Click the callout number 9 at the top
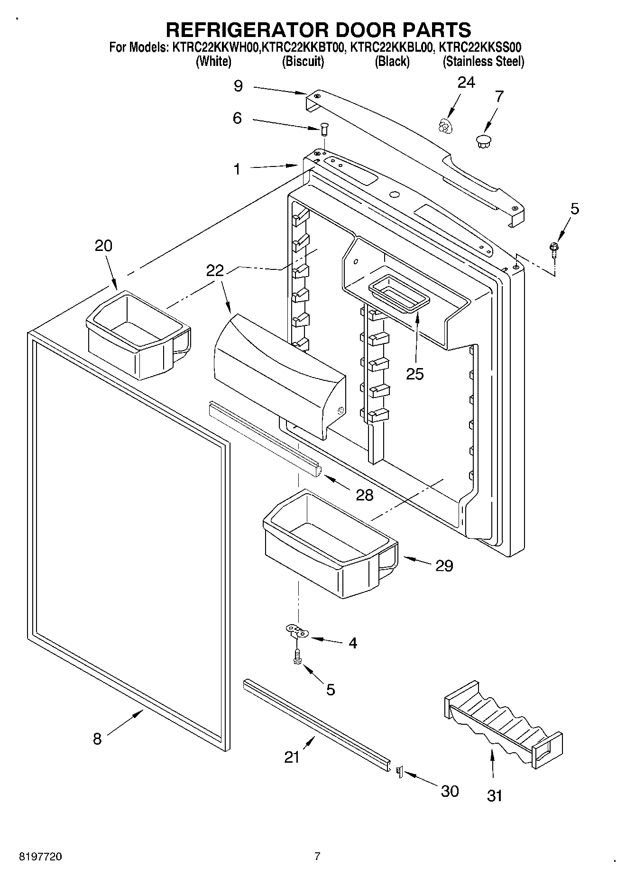pos(238,86)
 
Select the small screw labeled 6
pos(324,128)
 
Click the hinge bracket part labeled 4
pos(297,632)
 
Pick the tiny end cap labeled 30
pos(399,773)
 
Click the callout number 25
pos(415,374)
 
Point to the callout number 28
pos(365,495)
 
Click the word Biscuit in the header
pos(303,61)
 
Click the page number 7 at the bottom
pos(317,856)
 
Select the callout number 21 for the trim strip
pos(292,757)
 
